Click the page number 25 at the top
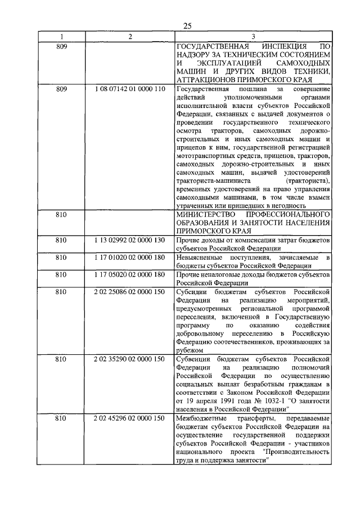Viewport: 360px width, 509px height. click(187, 25)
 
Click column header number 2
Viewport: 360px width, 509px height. click(129, 37)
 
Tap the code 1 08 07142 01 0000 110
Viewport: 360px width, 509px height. click(130, 89)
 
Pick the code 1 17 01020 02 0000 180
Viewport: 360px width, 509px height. click(130, 257)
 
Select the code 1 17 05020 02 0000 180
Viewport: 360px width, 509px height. click(130, 274)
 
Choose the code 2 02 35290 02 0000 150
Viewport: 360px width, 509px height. click(130, 359)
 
